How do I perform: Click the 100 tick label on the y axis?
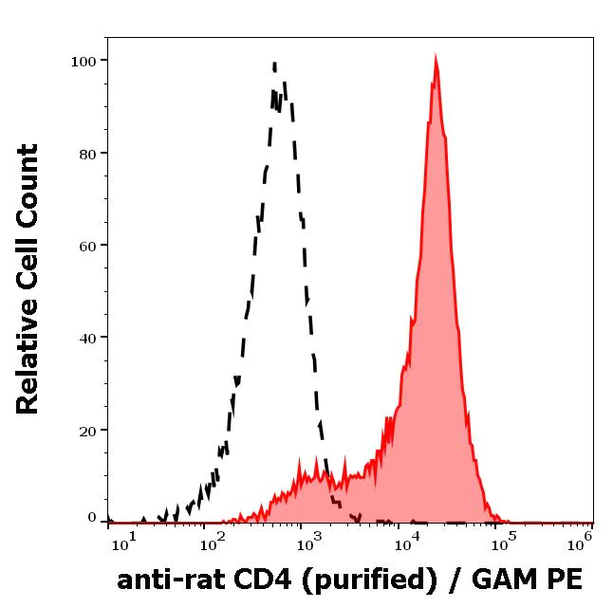coord(84,61)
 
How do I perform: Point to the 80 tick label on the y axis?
coord(87,153)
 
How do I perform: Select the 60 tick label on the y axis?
coord(87,245)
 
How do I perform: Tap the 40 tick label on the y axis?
coord(87,337)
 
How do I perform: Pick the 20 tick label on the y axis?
coord(87,430)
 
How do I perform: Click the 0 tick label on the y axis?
coord(92,518)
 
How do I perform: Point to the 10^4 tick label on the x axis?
coord(410,539)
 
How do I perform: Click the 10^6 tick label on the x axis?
coord(581,539)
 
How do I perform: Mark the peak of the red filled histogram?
coord(435,59)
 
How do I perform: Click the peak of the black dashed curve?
coord(274,64)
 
